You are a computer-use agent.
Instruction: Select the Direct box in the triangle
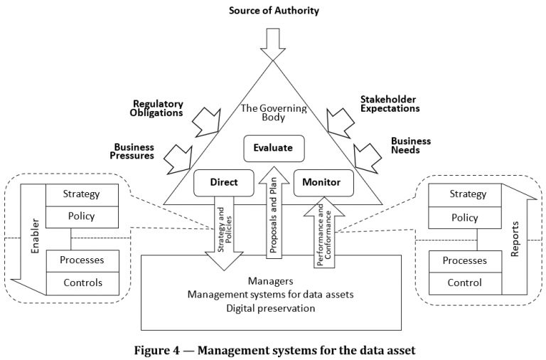point(223,183)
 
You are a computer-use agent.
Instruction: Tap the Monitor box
point(321,183)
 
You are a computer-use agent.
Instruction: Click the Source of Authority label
point(273,10)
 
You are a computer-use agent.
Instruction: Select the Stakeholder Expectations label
point(389,103)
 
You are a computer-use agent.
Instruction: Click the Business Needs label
point(412,145)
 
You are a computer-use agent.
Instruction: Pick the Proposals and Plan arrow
point(273,213)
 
